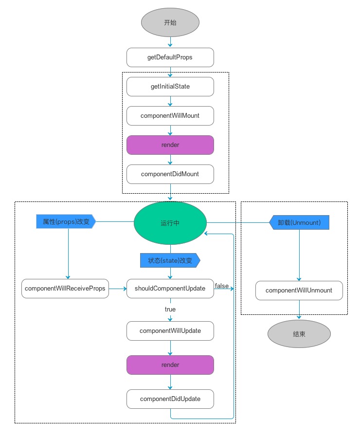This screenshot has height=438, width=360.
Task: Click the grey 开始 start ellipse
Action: [170, 23]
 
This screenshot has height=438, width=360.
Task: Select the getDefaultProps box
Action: [170, 57]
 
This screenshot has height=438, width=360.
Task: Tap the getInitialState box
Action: [170, 87]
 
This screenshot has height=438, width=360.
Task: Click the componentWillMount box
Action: [170, 116]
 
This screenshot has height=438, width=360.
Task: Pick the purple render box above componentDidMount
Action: [170, 145]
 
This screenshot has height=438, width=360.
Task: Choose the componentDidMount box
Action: [170, 174]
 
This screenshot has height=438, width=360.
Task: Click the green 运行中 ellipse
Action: [170, 223]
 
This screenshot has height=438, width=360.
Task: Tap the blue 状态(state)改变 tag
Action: [170, 260]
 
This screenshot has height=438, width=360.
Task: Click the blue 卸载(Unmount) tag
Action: [299, 222]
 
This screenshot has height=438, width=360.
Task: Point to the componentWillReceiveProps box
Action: [65, 289]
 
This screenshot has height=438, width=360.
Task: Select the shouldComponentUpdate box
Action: [170, 289]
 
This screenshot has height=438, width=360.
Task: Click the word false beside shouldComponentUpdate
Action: [221, 286]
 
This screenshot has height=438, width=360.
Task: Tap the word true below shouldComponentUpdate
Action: [170, 310]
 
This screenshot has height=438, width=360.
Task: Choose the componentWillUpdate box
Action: [170, 331]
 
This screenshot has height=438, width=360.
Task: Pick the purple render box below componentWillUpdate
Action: [170, 365]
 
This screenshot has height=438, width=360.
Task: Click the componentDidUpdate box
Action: [170, 399]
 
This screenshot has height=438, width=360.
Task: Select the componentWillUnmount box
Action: [299, 291]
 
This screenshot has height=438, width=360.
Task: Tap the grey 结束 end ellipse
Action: [299, 334]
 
